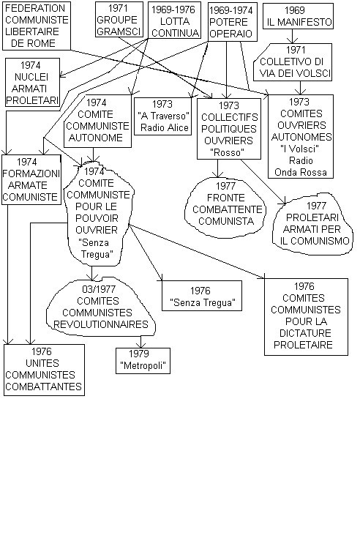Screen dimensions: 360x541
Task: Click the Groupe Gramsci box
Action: pyautogui.click(x=119, y=20)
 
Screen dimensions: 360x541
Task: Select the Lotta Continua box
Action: pyautogui.click(x=175, y=20)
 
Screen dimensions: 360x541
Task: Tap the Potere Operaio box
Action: pyautogui.click(x=233, y=22)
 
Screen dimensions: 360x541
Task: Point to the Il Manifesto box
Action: pyautogui.click(x=298, y=16)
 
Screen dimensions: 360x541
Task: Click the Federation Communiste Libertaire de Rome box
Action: pyautogui.click(x=36, y=26)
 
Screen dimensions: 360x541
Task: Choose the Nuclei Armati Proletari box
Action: pyautogui.click(x=32, y=83)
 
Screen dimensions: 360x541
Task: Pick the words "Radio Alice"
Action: pyautogui.click(x=165, y=127)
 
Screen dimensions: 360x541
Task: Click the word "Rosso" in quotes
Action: pyautogui.click(x=228, y=152)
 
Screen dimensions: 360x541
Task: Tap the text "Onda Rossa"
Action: pyautogui.click(x=300, y=172)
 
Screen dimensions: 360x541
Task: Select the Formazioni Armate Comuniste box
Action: pyautogui.click(x=31, y=179)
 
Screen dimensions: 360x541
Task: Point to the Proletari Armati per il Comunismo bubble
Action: pyautogui.click(x=312, y=225)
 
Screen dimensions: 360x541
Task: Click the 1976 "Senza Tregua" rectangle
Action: pyautogui.click(x=202, y=296)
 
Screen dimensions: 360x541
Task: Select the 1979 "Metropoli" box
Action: pyautogui.click(x=143, y=361)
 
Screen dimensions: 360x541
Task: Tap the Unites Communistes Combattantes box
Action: pyautogui.click(x=44, y=370)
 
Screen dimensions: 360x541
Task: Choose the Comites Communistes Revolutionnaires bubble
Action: pyautogui.click(x=100, y=307)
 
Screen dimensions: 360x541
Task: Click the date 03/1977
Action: pyautogui.click(x=99, y=289)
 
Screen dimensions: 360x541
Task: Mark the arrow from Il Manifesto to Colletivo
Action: pyautogui.click(x=293, y=36)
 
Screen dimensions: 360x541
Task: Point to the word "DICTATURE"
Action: pyautogui.click(x=305, y=333)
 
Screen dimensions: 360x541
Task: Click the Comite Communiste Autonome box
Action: pyautogui.click(x=97, y=121)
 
